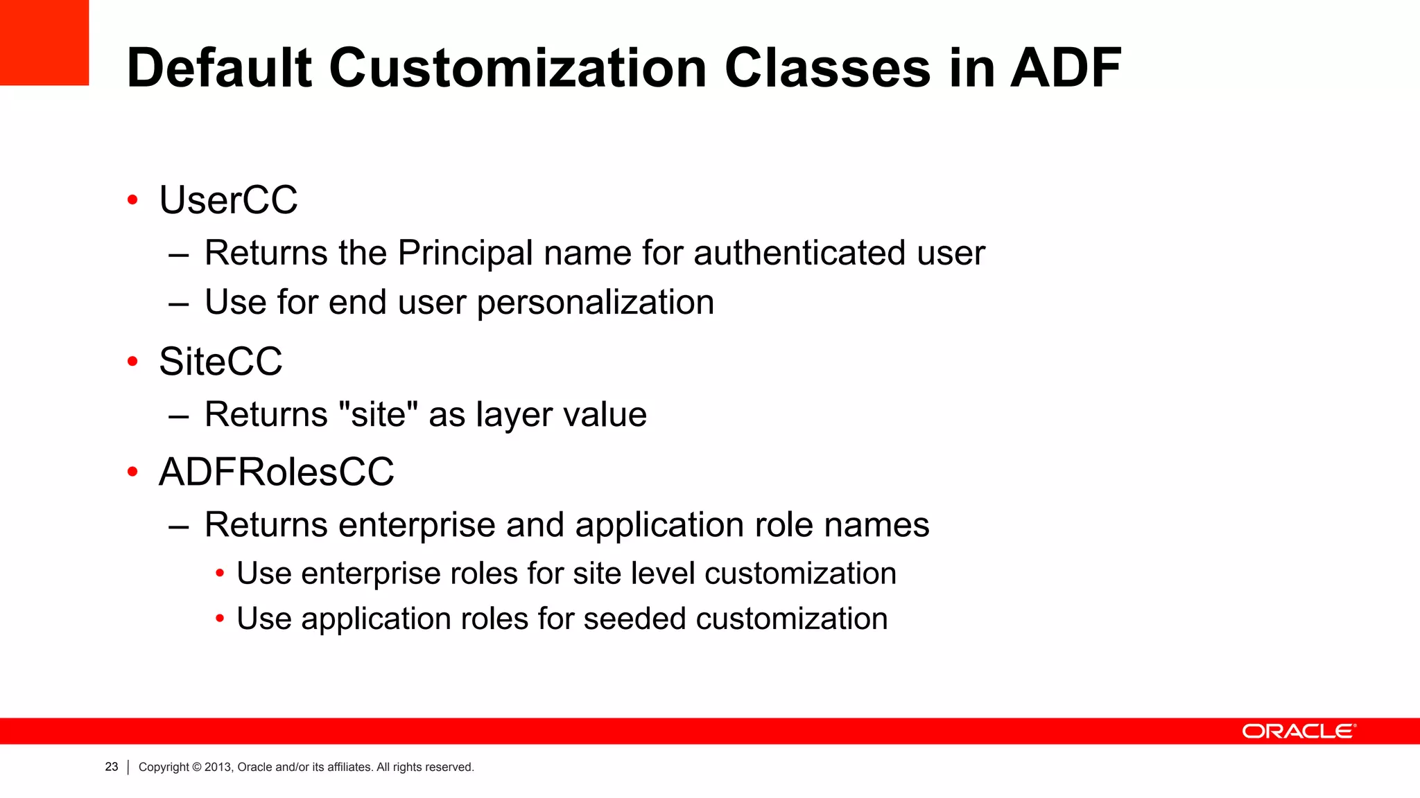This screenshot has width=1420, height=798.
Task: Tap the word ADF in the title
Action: point(1066,69)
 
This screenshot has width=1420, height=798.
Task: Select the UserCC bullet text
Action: point(228,200)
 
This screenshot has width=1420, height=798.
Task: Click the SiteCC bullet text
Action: point(220,362)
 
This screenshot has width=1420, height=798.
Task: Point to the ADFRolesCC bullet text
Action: point(276,472)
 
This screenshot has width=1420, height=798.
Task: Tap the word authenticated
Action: point(799,253)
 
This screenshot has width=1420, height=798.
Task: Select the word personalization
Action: point(596,303)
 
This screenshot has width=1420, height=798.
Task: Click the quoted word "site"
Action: point(379,414)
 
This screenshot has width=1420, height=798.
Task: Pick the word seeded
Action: point(634,619)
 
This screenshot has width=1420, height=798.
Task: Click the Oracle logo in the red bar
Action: point(1299,731)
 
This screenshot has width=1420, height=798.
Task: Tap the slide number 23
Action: point(112,767)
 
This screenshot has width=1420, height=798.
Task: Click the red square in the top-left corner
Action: point(44,42)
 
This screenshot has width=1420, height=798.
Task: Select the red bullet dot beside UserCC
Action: point(132,201)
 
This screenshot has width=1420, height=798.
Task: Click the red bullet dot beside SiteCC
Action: point(132,362)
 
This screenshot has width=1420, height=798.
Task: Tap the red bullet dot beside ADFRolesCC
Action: point(132,472)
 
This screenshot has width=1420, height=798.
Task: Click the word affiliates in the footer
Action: point(349,767)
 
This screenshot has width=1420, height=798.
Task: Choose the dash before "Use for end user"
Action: point(178,303)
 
